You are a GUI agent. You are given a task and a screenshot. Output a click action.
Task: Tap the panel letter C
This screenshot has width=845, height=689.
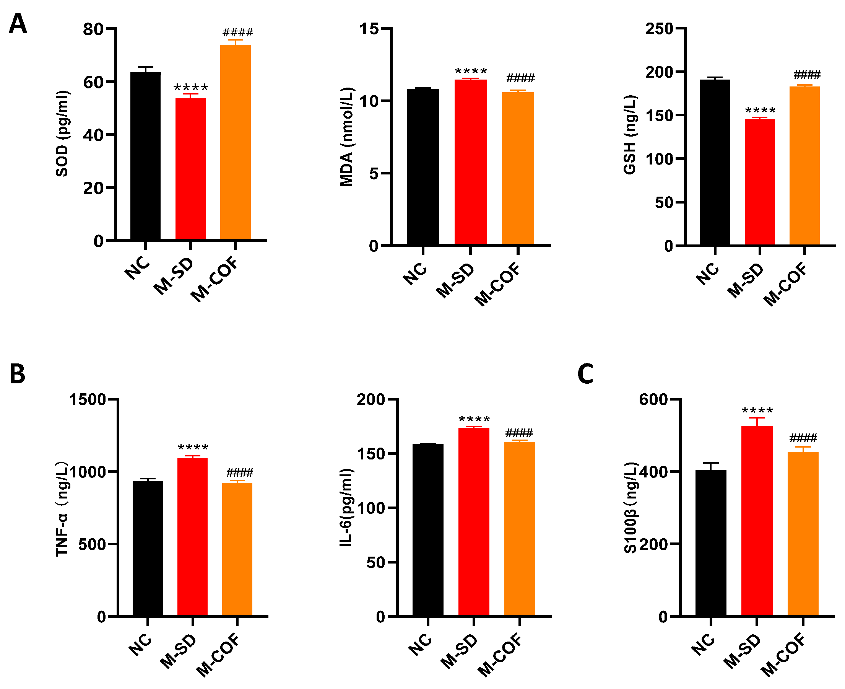point(585,374)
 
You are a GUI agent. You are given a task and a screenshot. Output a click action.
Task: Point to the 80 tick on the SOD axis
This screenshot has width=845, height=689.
point(93,29)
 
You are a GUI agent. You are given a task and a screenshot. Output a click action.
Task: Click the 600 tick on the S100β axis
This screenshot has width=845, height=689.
point(653,399)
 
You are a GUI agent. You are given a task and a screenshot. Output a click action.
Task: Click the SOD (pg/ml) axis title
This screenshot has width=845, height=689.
point(62,134)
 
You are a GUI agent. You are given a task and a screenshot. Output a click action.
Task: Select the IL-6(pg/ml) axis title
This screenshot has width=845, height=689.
point(346,508)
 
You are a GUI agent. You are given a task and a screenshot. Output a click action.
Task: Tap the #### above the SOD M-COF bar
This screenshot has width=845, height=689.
point(237,33)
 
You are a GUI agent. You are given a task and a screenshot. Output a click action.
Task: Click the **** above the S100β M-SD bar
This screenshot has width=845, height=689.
point(757,411)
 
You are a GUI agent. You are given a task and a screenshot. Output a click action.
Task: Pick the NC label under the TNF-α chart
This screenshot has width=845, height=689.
point(140,645)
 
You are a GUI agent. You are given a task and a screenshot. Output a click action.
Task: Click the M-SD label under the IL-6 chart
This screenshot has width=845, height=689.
point(459,651)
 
